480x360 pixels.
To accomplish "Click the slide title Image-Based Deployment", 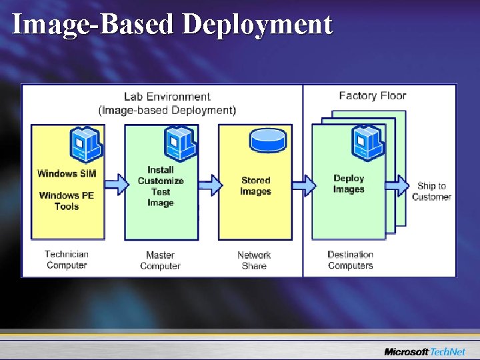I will coord(172,24).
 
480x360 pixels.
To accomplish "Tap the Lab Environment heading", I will coord(167,97).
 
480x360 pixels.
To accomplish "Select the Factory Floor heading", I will coord(372,95).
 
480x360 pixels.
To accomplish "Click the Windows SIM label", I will coord(67,174).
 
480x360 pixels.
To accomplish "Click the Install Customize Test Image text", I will coord(161,186).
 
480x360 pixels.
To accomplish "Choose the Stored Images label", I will coord(255,185).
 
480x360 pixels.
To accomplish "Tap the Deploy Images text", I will coord(349,183).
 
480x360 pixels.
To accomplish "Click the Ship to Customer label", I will coord(431,191).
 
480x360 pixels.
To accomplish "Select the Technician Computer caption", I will coord(67,259).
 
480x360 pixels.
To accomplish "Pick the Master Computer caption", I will coord(160,260).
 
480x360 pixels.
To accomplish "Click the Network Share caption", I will coord(254,260).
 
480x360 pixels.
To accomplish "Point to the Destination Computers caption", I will coord(350,260).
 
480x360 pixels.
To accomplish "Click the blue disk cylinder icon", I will coord(267,140).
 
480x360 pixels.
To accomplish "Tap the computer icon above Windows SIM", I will coord(85,143).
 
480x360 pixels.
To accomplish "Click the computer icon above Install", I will coord(179,143).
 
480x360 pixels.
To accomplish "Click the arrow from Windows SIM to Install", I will coord(115,181).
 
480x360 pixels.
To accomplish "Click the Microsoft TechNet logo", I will coord(425,351).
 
